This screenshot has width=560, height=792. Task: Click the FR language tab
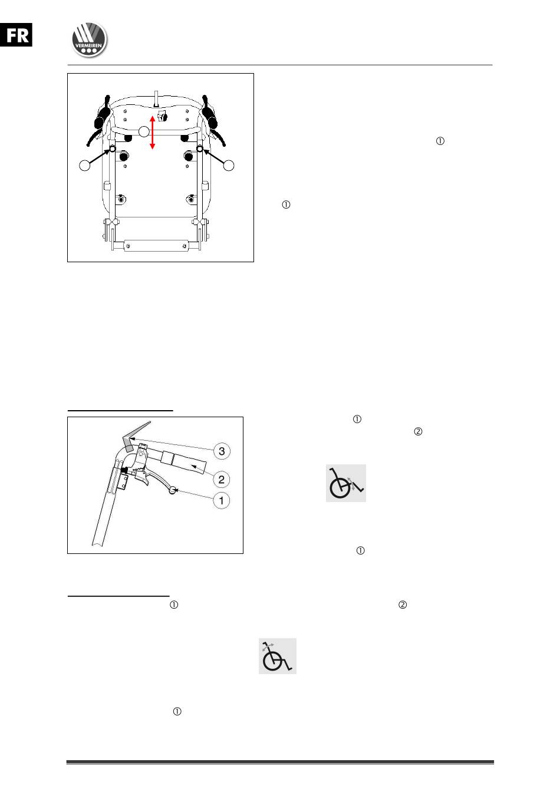tap(16, 35)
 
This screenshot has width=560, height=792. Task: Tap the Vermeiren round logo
tap(89, 39)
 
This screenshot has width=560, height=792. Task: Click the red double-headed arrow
tap(153, 132)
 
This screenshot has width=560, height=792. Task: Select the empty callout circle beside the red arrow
tap(144, 131)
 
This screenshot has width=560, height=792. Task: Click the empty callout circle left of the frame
tap(84, 165)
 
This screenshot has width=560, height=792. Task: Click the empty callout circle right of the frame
tap(229, 165)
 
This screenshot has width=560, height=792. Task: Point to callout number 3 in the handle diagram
tap(222, 451)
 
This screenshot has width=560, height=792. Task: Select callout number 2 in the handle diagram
tap(222, 480)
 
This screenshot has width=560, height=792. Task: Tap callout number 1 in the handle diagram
tap(222, 501)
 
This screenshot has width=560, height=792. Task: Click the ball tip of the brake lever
tap(172, 490)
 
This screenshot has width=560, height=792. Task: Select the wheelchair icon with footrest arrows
tap(345, 483)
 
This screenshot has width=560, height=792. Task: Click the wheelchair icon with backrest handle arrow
tap(277, 656)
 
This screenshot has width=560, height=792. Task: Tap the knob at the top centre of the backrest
tap(162, 115)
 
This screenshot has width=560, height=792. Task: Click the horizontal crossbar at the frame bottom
tap(156, 245)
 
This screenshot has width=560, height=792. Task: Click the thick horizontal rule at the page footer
tap(280, 762)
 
